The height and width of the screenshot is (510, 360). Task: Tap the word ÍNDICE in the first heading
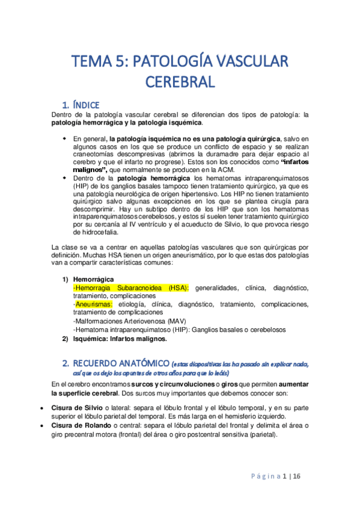coord(90,104)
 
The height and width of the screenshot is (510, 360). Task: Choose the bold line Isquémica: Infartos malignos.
coord(120,339)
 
